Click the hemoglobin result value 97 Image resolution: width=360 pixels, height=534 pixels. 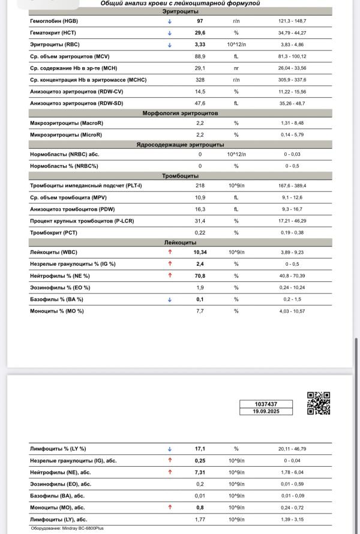(x=200, y=20)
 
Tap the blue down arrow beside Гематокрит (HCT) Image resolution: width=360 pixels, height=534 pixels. (x=170, y=32)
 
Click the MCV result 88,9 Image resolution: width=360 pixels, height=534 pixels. (x=200, y=56)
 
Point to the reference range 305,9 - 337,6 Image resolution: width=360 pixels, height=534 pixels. (x=300, y=80)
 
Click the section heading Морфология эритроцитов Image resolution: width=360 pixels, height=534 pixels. (x=180, y=113)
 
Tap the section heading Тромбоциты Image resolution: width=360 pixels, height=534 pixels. (x=180, y=176)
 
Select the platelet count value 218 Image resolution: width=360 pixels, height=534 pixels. (x=200, y=185)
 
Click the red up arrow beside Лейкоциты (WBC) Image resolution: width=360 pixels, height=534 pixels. (x=170, y=253)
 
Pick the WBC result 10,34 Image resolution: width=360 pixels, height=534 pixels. (x=200, y=253)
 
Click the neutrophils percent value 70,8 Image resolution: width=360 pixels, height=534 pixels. (x=200, y=276)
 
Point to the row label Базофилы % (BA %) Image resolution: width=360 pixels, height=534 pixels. (x=56, y=299)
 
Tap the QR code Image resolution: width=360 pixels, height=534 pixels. (x=319, y=403)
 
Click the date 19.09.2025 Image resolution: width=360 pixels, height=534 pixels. (x=265, y=412)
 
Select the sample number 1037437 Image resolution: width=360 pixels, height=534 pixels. (x=265, y=404)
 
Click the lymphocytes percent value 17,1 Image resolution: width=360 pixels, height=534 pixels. (x=200, y=449)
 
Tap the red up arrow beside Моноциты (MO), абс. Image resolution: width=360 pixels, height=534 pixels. (x=170, y=507)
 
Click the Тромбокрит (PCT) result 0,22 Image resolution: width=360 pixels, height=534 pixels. (x=200, y=232)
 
